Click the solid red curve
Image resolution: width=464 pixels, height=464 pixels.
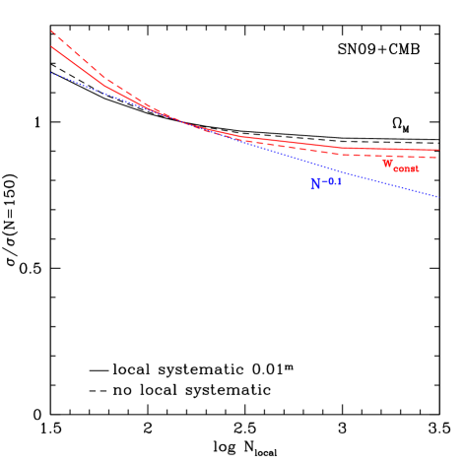click(296, 144)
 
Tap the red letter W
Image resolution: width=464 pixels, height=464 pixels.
click(388, 165)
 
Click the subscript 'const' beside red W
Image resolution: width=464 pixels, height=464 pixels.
click(406, 169)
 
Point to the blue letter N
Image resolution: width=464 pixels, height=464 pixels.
click(316, 184)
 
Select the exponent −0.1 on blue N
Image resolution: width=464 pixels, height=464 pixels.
click(333, 180)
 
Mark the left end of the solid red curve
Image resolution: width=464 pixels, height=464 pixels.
click(51, 46)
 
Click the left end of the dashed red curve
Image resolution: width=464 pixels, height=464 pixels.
click(51, 32)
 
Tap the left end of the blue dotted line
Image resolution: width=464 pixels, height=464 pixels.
click(52, 73)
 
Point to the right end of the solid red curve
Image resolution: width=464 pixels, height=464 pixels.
click(438, 151)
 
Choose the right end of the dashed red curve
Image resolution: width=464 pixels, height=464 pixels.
click(438, 158)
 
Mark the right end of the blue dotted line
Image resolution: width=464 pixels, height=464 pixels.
click(438, 197)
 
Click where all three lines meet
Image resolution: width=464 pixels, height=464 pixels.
click(177, 120)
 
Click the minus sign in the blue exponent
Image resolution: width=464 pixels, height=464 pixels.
click(327, 180)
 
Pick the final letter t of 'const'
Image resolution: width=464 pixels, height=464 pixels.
click(417, 169)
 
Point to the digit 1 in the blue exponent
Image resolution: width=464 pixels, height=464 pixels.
click(339, 180)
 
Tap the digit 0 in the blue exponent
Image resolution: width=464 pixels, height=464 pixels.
click(332, 180)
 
